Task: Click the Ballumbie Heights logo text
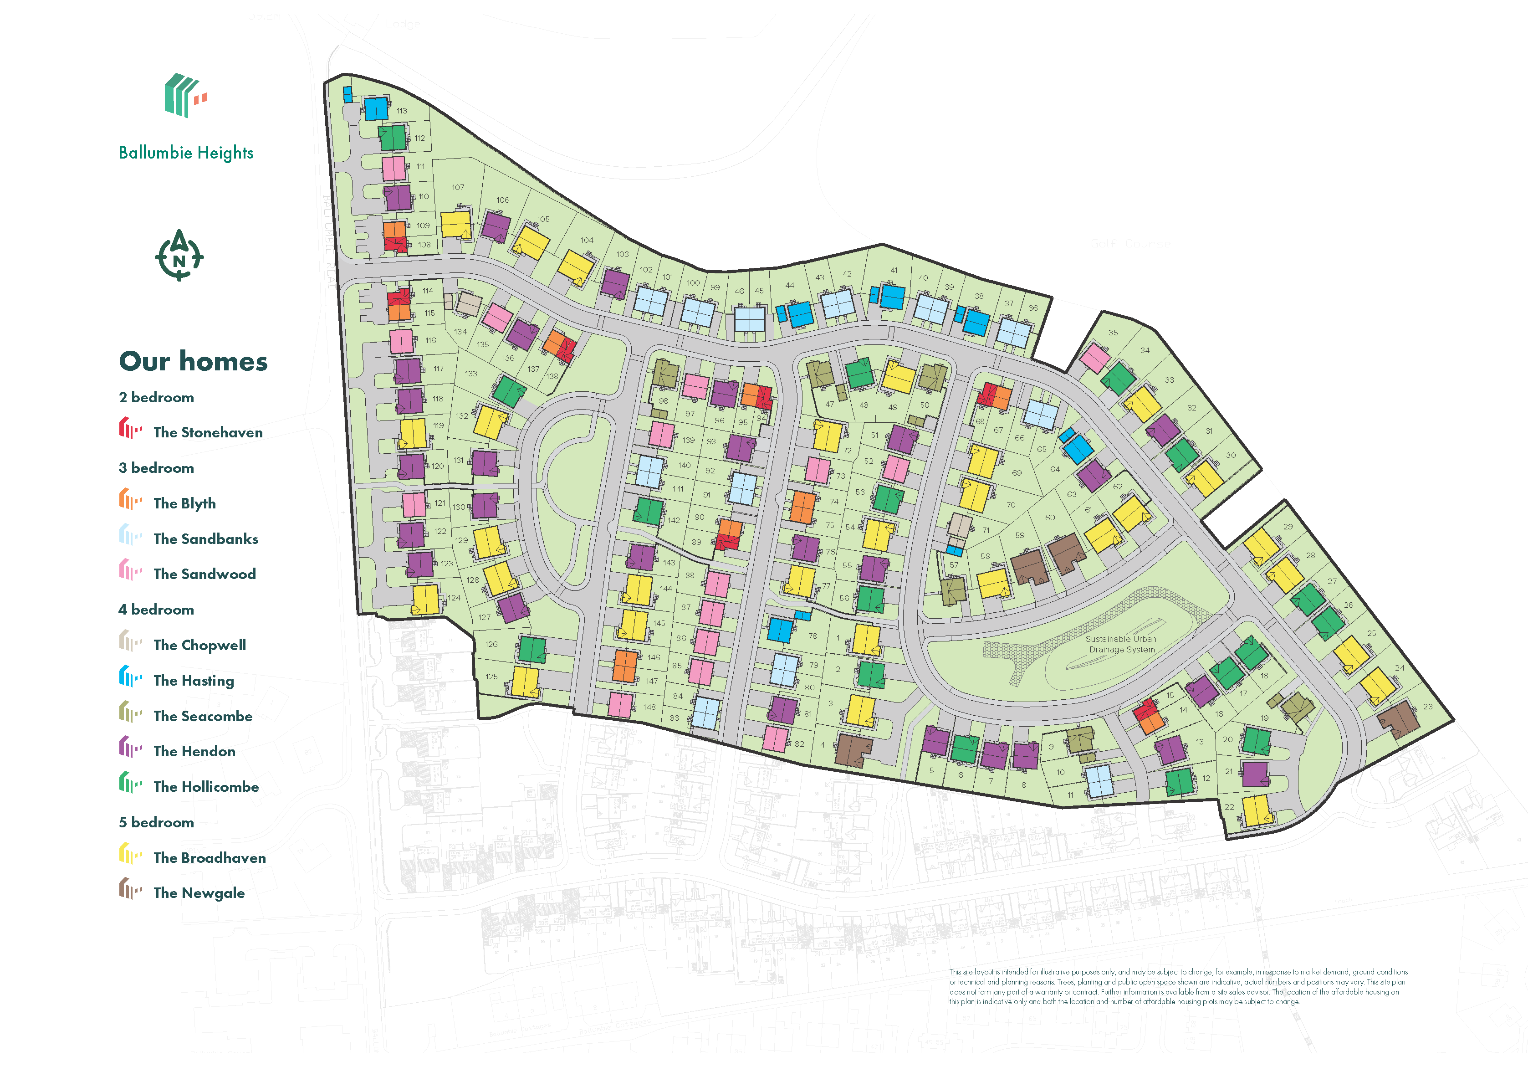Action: (x=186, y=153)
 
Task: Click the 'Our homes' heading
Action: (x=194, y=361)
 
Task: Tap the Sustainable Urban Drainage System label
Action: (x=1121, y=644)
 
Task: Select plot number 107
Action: (x=458, y=187)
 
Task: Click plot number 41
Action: (x=894, y=271)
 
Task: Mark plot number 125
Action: (x=492, y=677)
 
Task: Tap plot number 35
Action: (x=1113, y=333)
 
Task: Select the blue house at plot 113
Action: (x=376, y=108)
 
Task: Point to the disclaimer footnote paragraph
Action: (x=1177, y=987)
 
